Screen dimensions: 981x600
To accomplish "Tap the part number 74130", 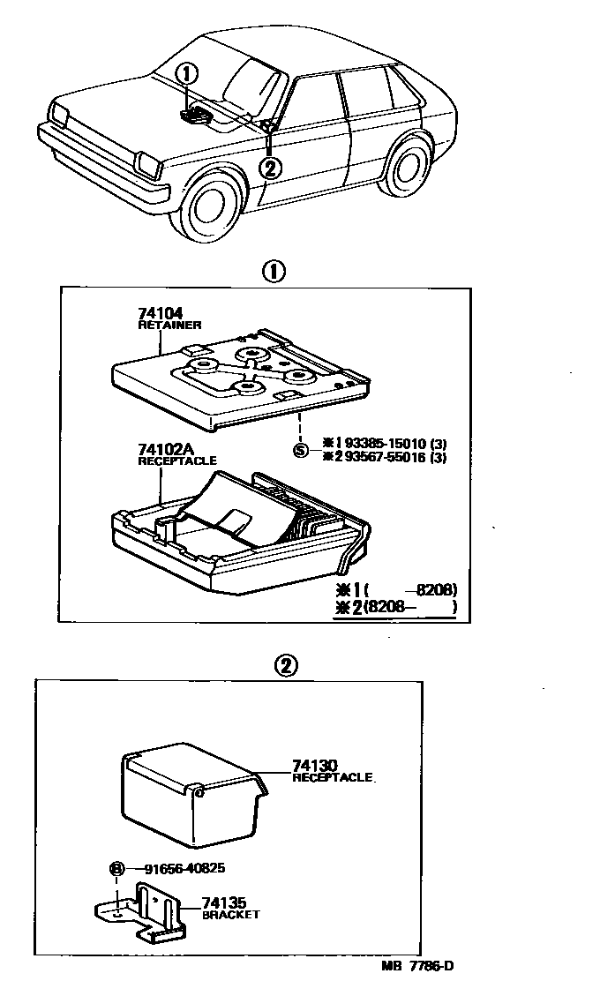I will tap(314, 767).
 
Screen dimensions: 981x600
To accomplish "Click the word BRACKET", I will tap(230, 915).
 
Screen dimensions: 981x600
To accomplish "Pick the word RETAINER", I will tap(169, 325).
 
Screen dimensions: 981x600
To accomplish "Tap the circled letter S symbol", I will tap(301, 451).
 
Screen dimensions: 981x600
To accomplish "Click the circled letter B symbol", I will tap(116, 868).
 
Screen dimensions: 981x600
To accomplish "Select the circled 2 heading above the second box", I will tap(284, 665).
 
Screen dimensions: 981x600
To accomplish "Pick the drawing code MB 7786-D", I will tap(417, 966).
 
